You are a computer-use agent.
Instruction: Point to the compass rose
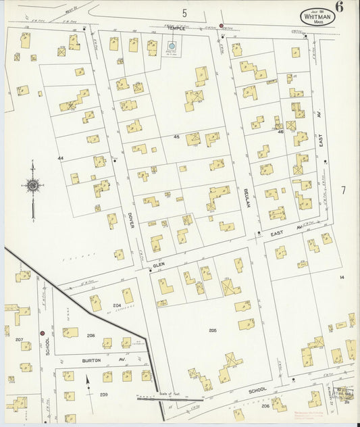click(x=32, y=183)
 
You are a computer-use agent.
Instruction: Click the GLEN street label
click(x=159, y=266)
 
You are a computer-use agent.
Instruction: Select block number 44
click(x=60, y=158)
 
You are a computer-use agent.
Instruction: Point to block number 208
click(x=91, y=336)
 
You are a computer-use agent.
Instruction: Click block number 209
click(x=104, y=394)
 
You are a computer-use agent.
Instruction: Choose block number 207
click(x=19, y=339)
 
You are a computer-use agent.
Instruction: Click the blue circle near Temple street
click(x=171, y=46)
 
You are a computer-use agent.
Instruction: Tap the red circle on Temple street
click(x=221, y=26)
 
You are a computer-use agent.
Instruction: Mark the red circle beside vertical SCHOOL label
click(x=42, y=333)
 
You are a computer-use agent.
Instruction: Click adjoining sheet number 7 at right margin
click(x=342, y=191)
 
